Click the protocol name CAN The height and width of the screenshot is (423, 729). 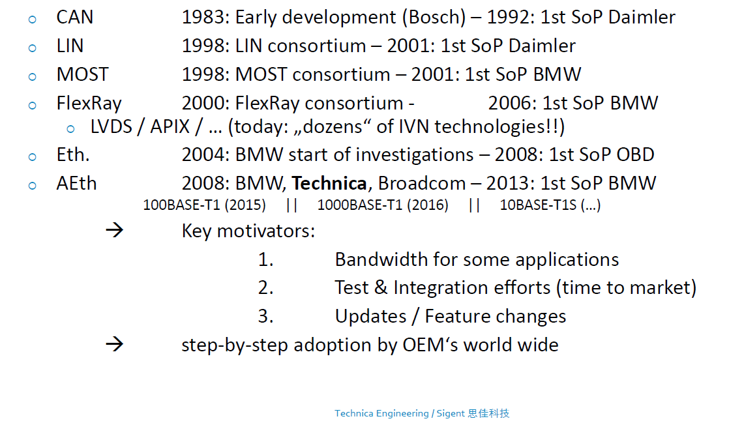74,18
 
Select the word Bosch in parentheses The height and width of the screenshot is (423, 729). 436,18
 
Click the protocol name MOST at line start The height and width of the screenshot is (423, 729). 82,74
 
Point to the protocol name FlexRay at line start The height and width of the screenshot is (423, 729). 89,103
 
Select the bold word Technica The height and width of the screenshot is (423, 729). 329,183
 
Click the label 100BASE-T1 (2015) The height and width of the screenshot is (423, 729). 204,205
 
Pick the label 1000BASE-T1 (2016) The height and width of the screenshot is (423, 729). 383,205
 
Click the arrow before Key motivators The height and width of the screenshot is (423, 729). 114,231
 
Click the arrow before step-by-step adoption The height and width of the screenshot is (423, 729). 114,344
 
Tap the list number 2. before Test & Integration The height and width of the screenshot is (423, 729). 265,287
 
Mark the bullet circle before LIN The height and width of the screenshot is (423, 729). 33,48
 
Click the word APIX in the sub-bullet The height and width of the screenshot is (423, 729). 170,126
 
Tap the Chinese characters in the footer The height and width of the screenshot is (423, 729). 488,413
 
